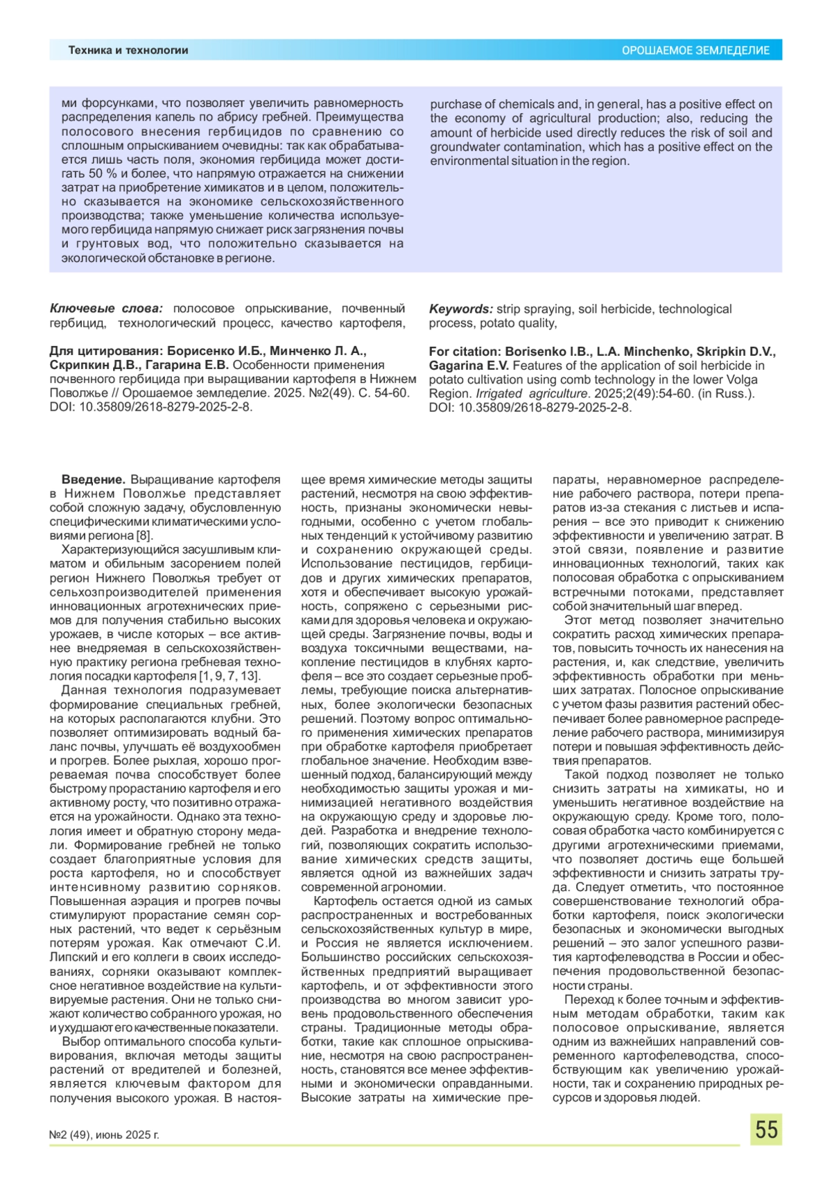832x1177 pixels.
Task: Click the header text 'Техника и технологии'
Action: coord(128,50)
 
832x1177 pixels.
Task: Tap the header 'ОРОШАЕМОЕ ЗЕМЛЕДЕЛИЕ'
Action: coord(695,50)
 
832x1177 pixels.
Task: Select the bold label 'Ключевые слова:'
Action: coord(106,309)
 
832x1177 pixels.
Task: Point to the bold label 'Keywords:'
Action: coord(460,309)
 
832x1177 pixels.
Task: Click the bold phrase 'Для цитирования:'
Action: coord(106,351)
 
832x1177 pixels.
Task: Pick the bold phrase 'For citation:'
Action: coord(465,351)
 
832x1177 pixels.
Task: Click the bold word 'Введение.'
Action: coord(93,480)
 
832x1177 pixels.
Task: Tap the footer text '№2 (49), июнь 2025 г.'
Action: coord(104,1135)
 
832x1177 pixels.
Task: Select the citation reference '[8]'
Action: coord(144,535)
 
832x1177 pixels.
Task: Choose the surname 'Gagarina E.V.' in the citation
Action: coord(469,366)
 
